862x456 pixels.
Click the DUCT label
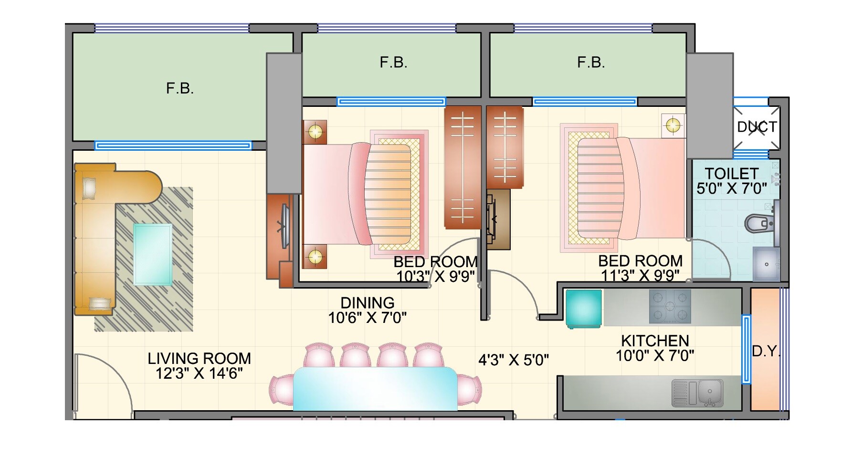757,127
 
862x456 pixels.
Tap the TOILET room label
731,174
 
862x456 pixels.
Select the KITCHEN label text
655,341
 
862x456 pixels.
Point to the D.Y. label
766,352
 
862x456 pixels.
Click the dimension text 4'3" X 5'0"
514,360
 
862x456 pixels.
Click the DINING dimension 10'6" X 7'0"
367,318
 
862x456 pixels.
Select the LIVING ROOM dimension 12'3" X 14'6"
199,373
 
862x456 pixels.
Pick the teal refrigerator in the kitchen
583,309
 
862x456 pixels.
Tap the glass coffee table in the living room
153,254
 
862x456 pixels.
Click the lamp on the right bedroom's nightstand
673,125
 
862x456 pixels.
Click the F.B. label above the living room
180,89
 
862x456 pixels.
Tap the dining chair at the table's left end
282,389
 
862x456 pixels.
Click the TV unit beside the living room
285,227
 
